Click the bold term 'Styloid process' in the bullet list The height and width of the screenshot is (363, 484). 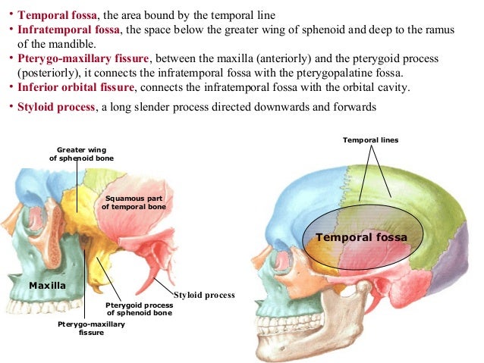point(57,107)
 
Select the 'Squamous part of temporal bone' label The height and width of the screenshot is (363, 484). point(134,202)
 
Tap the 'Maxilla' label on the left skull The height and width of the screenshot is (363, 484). point(46,285)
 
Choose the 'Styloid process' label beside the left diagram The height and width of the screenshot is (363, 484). point(205,294)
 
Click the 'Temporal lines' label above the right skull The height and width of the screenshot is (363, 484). point(370,140)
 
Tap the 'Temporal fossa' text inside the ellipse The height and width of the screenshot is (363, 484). point(362,237)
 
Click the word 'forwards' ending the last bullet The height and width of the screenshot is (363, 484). point(354,107)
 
